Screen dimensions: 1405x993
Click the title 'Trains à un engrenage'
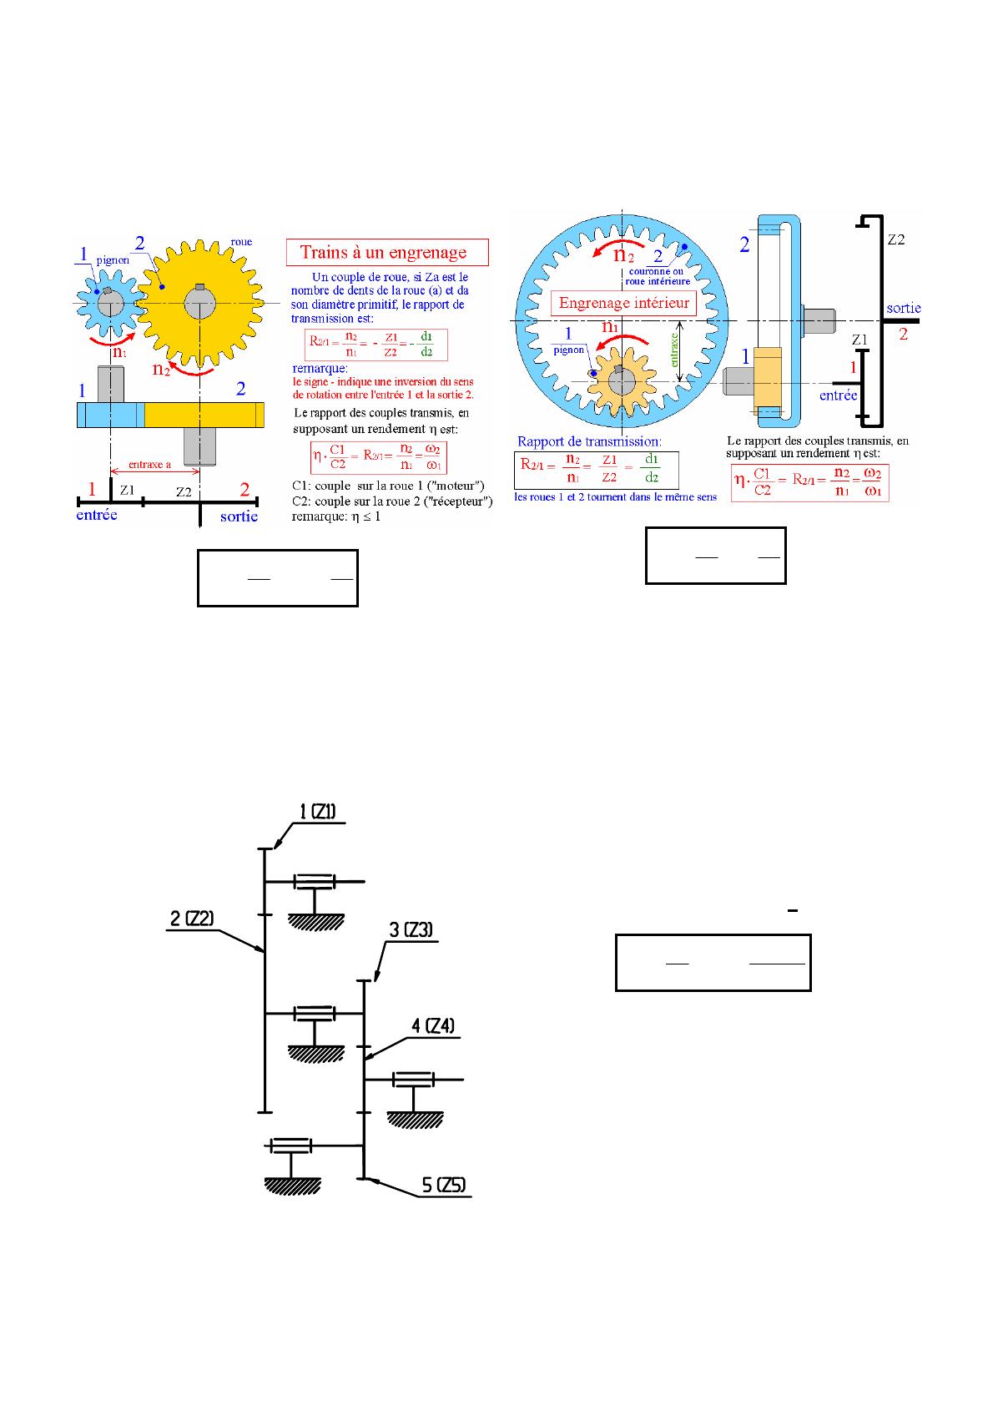383,252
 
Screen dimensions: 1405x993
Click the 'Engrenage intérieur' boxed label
624,303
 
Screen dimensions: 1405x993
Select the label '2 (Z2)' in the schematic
192,919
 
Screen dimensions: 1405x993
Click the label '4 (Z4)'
433,1025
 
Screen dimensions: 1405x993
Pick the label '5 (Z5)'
443,1185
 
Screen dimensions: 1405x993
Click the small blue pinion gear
107,303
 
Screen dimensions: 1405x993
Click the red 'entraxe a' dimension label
150,465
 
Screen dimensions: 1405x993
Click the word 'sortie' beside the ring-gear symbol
903,308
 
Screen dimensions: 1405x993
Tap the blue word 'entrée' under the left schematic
97,515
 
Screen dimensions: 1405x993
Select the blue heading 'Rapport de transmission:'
589,441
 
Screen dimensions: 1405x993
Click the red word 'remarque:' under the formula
320,368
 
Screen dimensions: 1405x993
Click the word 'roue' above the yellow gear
241,242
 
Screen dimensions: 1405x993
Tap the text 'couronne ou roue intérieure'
657,277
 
